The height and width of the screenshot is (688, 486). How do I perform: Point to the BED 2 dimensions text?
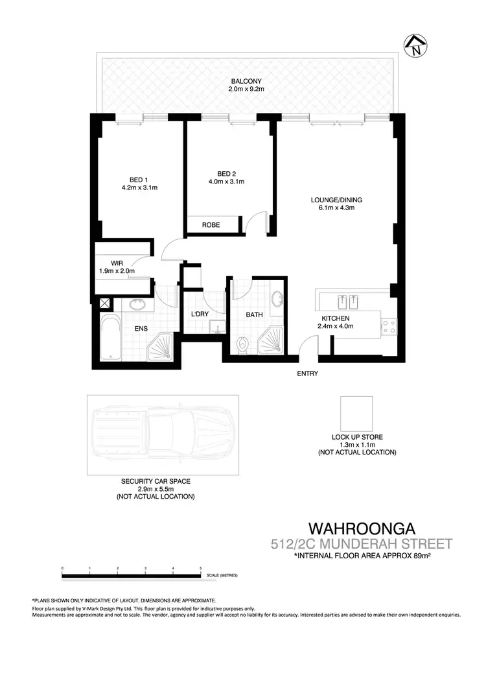pos(227,182)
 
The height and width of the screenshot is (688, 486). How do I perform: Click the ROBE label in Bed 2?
pos(211,225)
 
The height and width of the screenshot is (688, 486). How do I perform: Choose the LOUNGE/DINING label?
pos(332,200)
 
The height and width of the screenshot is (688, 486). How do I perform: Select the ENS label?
pos(141,329)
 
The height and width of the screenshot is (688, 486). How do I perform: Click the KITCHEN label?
pos(336,318)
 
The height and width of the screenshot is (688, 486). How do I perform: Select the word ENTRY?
pos(307,374)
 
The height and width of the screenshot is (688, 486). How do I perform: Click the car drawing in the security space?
pos(162,434)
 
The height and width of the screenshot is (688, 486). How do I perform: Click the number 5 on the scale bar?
pos(201,569)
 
